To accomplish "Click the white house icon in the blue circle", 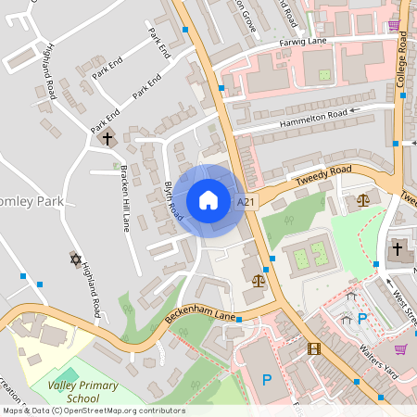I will point(208,200).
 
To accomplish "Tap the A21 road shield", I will point(246,201).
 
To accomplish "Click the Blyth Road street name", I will point(173,199).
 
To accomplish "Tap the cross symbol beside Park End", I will point(107,138).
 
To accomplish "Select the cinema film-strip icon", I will point(314,348).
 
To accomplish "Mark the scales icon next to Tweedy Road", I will point(362,200).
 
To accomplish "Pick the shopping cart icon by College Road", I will point(393,25).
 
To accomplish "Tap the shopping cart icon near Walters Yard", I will point(400,348).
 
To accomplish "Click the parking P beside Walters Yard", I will point(362,318).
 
